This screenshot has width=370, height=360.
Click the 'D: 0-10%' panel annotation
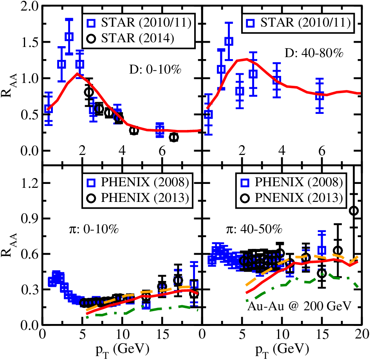pos(155,70)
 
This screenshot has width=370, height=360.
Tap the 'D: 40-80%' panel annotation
pos(314,53)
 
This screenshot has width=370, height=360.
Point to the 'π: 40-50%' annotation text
pos(254,229)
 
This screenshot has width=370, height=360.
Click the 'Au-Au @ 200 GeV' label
pos(299,306)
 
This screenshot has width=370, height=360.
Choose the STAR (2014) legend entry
pos(130,38)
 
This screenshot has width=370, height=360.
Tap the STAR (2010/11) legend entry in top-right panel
pos(298,23)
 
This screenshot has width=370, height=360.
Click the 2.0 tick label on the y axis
pos(29,6)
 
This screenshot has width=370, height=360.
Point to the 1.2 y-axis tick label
pos(29,183)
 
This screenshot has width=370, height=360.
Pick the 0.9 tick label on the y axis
pos(29,219)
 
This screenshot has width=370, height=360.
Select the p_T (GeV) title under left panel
pos(122,349)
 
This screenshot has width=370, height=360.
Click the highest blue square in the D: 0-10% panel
pos(69,36)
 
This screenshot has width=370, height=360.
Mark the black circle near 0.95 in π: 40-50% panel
pos(354,211)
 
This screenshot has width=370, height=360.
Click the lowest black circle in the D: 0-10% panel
pos(174,137)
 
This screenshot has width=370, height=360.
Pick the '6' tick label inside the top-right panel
pos(322,151)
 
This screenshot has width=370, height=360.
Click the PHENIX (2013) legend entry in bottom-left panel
pos(138,198)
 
